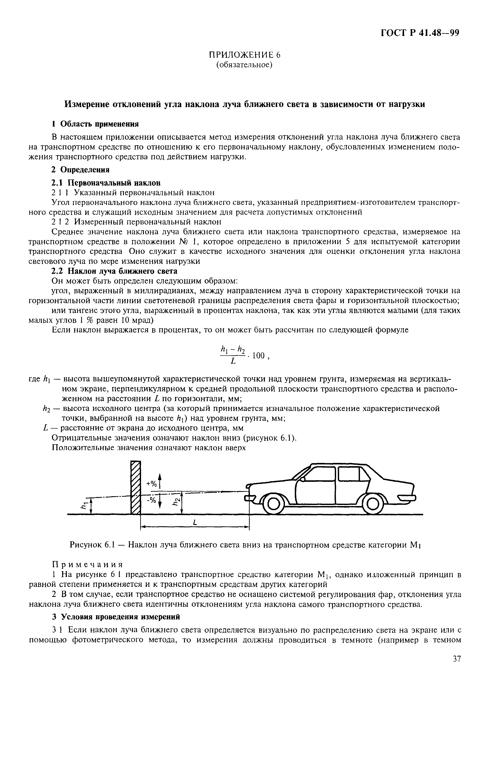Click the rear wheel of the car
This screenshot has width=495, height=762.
[x=372, y=505]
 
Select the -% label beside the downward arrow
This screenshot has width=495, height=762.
[x=151, y=499]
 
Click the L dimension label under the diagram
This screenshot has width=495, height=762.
[x=195, y=523]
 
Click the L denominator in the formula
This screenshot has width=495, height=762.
[x=233, y=362]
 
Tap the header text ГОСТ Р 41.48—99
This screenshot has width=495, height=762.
[x=420, y=33]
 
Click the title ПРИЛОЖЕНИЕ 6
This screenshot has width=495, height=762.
[x=244, y=55]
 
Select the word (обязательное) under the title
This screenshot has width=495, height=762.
[x=244, y=65]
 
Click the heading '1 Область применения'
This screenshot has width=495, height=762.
[x=95, y=124]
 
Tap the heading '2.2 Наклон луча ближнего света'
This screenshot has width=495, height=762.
[x=114, y=271]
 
